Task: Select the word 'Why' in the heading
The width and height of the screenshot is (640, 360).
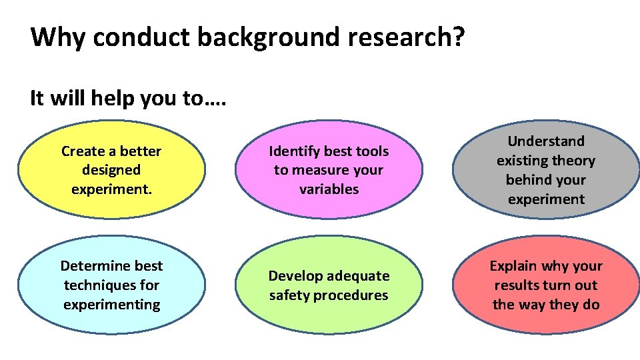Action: pyautogui.click(x=58, y=37)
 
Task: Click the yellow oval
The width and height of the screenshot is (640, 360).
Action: pyautogui.click(x=111, y=170)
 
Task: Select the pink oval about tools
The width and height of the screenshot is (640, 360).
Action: pyautogui.click(x=329, y=170)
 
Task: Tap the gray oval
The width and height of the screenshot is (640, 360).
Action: pyautogui.click(x=545, y=170)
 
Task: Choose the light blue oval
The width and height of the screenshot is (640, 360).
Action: pyautogui.click(x=111, y=285)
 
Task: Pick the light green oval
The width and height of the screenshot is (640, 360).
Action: pyautogui.click(x=329, y=285)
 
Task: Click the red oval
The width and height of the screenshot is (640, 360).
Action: pyautogui.click(x=545, y=285)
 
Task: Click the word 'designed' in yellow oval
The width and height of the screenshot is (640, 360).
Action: pyautogui.click(x=111, y=170)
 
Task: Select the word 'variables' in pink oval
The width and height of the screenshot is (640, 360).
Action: pyautogui.click(x=329, y=189)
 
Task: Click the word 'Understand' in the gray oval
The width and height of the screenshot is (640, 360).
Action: pyautogui.click(x=545, y=141)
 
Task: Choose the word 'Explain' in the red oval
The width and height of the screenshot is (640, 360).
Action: pyautogui.click(x=514, y=266)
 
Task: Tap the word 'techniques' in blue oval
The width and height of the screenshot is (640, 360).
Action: pyautogui.click(x=94, y=285)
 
